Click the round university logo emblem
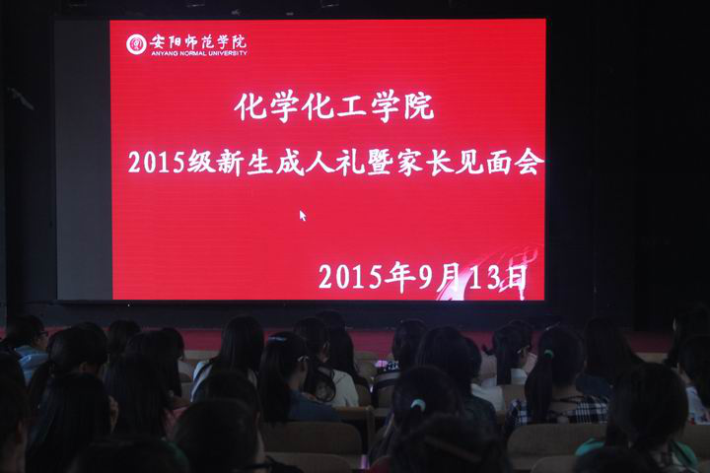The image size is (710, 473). point(136,44)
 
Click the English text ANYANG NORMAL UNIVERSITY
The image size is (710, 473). point(199,53)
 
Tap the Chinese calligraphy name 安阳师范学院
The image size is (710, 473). point(198,41)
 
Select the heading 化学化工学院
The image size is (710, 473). point(334,106)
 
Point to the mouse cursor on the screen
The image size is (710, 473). point(303,216)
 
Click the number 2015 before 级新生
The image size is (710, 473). point(157,162)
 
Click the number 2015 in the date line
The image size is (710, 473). point(351,277)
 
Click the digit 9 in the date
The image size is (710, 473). point(426,277)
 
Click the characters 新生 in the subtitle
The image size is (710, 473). point(246,162)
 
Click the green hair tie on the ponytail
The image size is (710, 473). point(418,404)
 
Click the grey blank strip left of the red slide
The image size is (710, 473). point(84,160)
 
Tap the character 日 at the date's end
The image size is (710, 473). point(516,278)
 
